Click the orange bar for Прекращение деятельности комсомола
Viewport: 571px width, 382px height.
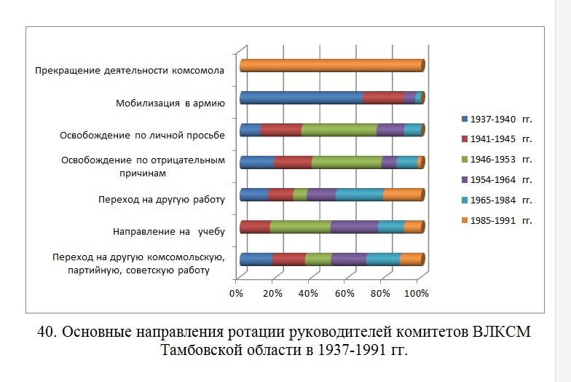pyautogui.click(x=331, y=66)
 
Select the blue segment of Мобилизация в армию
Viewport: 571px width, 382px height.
pyautogui.click(x=300, y=98)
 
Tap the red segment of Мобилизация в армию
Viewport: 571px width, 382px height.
pyautogui.click(x=382, y=98)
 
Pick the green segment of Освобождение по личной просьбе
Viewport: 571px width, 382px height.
pyautogui.click(x=339, y=130)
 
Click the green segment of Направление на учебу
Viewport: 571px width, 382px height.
pyautogui.click(x=299, y=227)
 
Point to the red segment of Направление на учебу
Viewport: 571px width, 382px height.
pyautogui.click(x=254, y=227)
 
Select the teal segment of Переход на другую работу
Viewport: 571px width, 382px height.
pyautogui.click(x=359, y=194)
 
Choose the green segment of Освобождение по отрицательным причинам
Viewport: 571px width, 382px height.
pyautogui.click(x=346, y=162)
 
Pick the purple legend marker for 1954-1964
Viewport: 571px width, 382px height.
pyautogui.click(x=465, y=179)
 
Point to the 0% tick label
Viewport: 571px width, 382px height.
pyautogui.click(x=235, y=293)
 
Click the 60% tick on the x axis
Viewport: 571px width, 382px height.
pyautogui.click(x=344, y=293)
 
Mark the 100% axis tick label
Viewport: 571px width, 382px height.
pyautogui.click(x=416, y=293)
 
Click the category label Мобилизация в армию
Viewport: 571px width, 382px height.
pyautogui.click(x=170, y=103)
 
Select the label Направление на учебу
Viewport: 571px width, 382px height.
pyautogui.click(x=168, y=232)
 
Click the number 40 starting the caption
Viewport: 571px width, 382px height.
pyautogui.click(x=46, y=332)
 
